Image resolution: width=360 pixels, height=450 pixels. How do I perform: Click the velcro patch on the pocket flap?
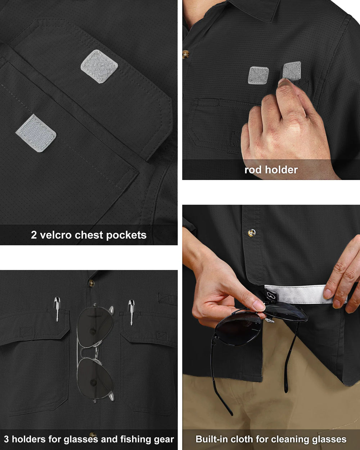click(x=99, y=67)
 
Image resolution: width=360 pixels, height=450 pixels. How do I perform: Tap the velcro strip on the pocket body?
click(x=36, y=133)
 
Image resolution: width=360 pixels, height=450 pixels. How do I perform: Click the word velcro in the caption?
click(x=55, y=235)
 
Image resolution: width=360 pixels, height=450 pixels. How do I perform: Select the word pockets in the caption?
click(x=126, y=235)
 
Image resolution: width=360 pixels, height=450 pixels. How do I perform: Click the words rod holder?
click(x=271, y=170)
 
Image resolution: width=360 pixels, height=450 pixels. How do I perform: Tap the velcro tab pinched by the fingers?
click(x=292, y=71)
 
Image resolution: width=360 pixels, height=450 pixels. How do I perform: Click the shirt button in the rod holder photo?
click(x=185, y=54)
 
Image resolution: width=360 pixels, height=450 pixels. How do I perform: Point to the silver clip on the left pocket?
click(x=57, y=309)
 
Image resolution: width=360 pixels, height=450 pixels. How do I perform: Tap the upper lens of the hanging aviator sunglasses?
click(x=95, y=326)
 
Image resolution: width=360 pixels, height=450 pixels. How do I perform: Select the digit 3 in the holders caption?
click(x=6, y=439)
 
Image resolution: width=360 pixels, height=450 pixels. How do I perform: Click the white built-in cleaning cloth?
click(x=305, y=294)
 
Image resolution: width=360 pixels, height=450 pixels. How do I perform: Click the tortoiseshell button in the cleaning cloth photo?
click(x=251, y=233)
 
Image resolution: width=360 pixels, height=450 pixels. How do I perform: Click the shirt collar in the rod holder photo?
click(x=257, y=8)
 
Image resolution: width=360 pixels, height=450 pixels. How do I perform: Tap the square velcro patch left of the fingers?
click(x=258, y=75)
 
